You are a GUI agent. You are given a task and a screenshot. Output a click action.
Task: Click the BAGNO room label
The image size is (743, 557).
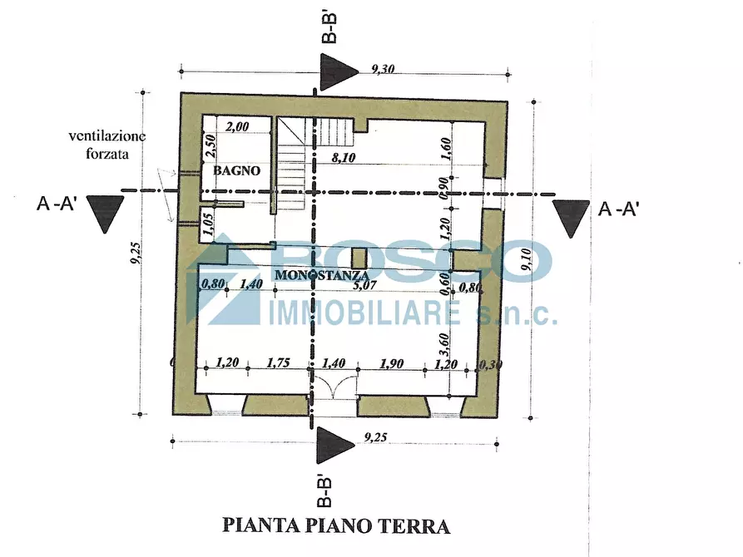click(237, 170)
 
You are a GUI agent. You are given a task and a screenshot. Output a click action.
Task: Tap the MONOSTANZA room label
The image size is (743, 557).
click(322, 274)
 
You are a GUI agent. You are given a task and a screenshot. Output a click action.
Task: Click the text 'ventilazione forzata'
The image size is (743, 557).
click(107, 144)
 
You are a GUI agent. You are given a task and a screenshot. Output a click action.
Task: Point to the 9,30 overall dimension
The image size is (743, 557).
click(384, 71)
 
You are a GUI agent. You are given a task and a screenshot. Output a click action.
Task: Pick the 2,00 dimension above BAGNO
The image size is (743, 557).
click(238, 127)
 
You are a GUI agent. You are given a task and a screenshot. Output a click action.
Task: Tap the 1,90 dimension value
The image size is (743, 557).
click(391, 362)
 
